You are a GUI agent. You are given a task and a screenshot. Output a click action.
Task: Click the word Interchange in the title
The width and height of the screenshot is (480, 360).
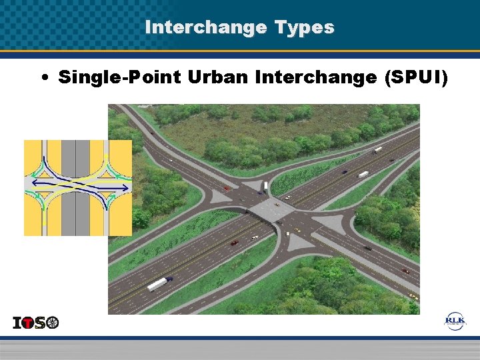(x=204, y=27)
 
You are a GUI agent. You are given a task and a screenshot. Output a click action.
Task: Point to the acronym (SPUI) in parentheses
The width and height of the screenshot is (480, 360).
(x=417, y=77)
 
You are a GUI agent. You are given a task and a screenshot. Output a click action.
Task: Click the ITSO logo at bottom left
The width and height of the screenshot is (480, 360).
(x=36, y=323)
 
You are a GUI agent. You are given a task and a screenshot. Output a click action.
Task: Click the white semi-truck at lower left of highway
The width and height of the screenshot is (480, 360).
(x=157, y=284)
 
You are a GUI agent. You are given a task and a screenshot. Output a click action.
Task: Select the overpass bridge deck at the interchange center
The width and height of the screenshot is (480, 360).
(x=273, y=209)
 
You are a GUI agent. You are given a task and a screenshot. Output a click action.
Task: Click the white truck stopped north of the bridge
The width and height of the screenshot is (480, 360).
(x=265, y=185)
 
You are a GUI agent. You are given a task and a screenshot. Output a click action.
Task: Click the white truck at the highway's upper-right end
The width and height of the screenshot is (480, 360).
(x=378, y=150)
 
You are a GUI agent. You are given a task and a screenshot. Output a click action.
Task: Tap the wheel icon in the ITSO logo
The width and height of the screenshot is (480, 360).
(x=53, y=323)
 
